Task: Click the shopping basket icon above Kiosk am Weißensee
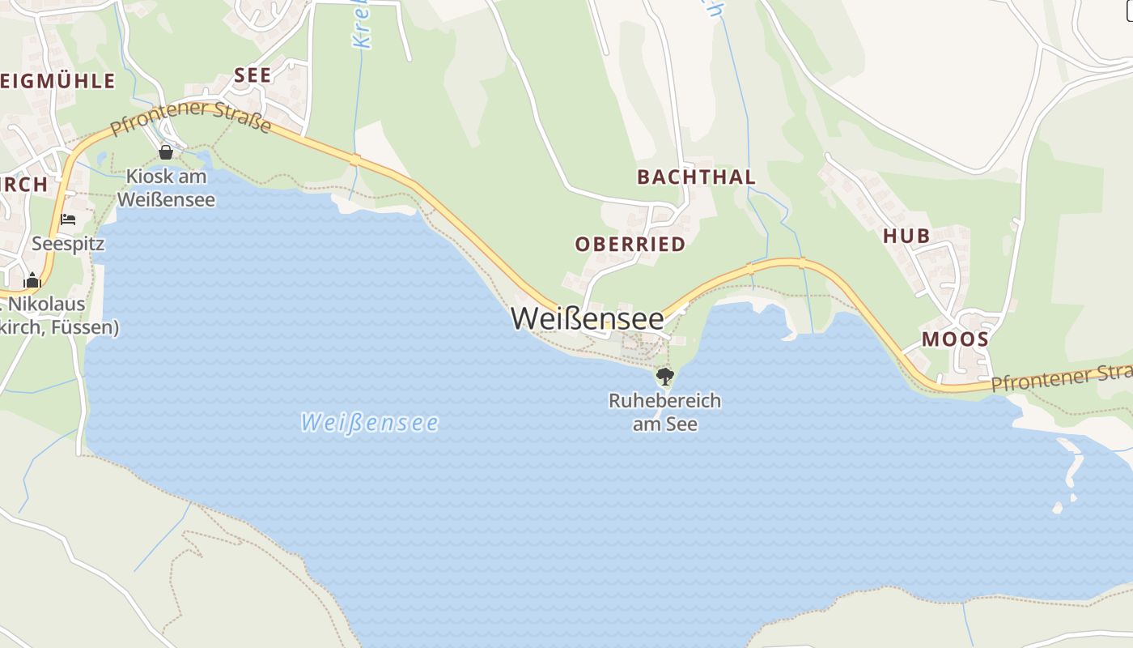(166, 152)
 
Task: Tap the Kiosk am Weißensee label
(166, 188)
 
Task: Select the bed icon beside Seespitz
(68, 220)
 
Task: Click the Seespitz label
(68, 244)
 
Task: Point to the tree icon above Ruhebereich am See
(664, 376)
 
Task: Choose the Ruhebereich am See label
(664, 412)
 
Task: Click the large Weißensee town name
(587, 318)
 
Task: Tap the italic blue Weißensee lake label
(369, 423)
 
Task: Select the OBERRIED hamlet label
(630, 244)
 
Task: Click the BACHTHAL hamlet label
(696, 177)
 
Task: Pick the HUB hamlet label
(906, 236)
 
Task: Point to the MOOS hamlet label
(955, 339)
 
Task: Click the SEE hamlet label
(252, 75)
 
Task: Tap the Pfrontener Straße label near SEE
(191, 118)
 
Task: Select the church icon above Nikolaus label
(32, 281)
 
